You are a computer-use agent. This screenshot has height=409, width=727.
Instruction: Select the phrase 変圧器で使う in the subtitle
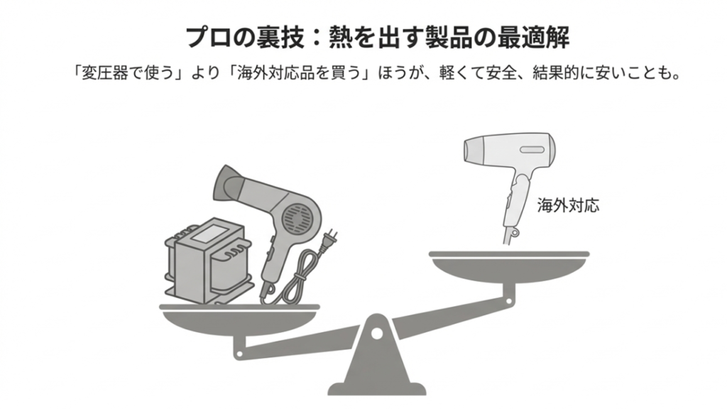119,73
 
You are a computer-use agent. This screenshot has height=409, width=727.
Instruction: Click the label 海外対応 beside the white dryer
568,206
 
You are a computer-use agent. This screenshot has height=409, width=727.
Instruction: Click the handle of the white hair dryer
513,206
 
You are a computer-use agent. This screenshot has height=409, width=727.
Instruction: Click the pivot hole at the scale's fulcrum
376,332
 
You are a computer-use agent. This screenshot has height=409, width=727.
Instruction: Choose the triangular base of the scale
376,369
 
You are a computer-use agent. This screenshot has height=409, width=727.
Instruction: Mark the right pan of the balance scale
509,266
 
